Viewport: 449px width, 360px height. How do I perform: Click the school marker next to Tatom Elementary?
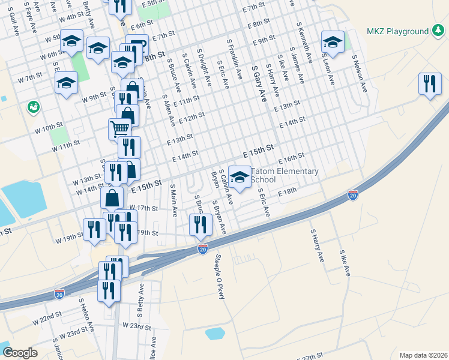pyautogui.click(x=240, y=178)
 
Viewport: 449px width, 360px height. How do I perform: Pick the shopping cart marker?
pyautogui.click(x=120, y=128)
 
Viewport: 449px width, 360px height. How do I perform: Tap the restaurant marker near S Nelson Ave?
pyautogui.click(x=430, y=84)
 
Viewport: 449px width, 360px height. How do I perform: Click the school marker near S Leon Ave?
pyautogui.click(x=333, y=42)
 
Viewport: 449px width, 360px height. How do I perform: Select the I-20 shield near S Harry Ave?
pyautogui.click(x=353, y=195)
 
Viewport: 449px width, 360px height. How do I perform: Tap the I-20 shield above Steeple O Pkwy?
pyautogui.click(x=203, y=248)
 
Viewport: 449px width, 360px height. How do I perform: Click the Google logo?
pyautogui.click(x=20, y=352)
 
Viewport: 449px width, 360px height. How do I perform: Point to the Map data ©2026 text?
pyautogui.click(x=423, y=355)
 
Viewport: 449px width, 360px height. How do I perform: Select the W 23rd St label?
pyautogui.click(x=136, y=326)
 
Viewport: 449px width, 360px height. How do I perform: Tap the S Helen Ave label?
pyautogui.click(x=86, y=316)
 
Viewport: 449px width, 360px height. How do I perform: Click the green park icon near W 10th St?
pyautogui.click(x=33, y=107)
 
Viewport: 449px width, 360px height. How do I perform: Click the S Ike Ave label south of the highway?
pyautogui.click(x=344, y=263)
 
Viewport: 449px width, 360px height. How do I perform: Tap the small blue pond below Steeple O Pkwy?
pyautogui.click(x=214, y=333)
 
